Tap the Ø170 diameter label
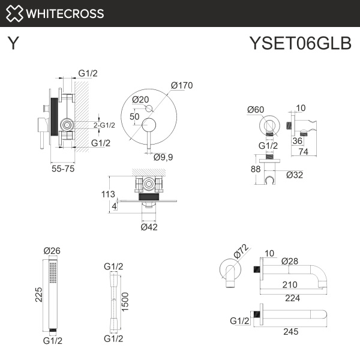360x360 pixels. tap(181, 86)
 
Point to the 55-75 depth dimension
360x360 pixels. tap(62, 170)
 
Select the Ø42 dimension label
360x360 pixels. tap(149, 227)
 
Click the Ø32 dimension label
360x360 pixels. tap(295, 175)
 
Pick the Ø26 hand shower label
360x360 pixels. tap(52, 251)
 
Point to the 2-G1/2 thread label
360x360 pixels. tap(103, 125)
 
